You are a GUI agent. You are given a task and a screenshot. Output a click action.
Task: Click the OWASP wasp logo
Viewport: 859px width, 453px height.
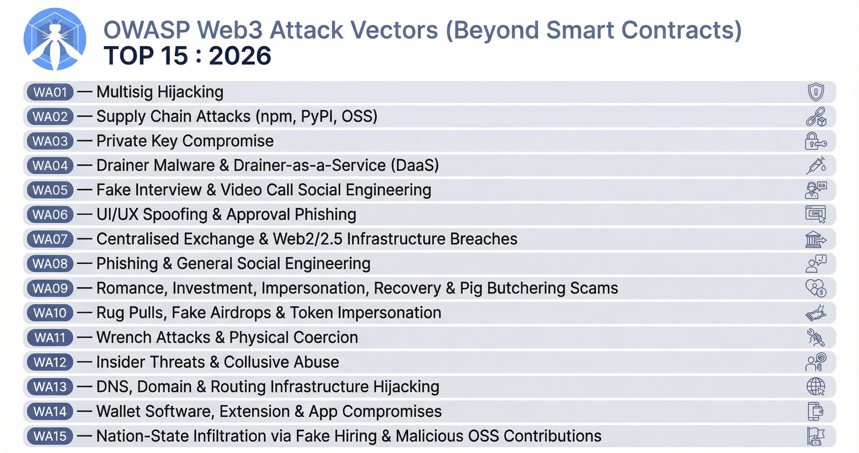pyautogui.click(x=55, y=39)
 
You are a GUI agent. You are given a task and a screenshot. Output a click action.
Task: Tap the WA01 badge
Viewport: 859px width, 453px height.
pyautogui.click(x=50, y=92)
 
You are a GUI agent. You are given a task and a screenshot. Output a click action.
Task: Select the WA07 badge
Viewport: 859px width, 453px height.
pyautogui.click(x=50, y=239)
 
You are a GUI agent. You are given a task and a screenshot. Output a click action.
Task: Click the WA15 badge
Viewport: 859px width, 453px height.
pyautogui.click(x=50, y=436)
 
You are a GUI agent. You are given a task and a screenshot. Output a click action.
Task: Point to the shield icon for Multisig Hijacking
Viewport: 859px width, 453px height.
pyautogui.click(x=816, y=92)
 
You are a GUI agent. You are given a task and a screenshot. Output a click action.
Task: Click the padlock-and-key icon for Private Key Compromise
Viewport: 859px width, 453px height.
pyautogui.click(x=815, y=141)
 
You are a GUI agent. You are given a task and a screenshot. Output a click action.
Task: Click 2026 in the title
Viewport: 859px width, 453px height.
pyautogui.click(x=240, y=56)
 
